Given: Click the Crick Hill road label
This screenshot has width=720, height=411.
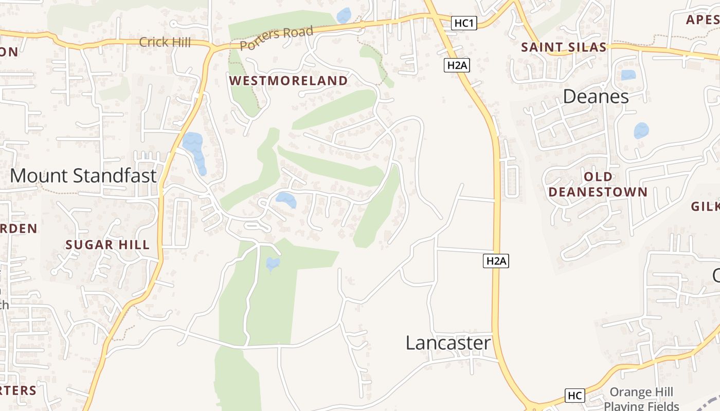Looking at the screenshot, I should coord(165,42).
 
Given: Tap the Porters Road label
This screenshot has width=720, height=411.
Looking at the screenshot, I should coord(276,38).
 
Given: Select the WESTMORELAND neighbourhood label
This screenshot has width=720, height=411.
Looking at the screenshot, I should coord(289,81).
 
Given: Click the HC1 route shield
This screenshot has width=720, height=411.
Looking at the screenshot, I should coord(464,23).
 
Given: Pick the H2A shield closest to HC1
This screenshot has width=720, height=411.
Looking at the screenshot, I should coord(457,65).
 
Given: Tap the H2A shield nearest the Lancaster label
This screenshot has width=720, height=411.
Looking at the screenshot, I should coord(496,261).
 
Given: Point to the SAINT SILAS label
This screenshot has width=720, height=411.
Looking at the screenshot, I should coord(564,47).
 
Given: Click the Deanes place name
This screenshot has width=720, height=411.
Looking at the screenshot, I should coord(596,96).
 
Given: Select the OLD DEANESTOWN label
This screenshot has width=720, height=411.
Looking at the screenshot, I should coord(598,184).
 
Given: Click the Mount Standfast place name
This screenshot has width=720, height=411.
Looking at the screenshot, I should coord(83,176).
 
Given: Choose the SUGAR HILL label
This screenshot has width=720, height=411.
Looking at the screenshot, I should coord(107,245).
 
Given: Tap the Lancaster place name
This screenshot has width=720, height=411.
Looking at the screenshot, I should coord(448,343).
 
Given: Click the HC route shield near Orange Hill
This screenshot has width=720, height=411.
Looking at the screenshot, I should coord(574,396).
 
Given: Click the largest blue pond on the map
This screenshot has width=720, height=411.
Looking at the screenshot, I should coord(195,149).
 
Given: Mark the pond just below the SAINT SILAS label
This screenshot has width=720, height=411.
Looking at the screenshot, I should coord(628,75).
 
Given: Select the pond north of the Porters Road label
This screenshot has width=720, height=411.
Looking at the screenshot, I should coord(344,15).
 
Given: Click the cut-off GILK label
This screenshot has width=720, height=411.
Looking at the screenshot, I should coord(705,206).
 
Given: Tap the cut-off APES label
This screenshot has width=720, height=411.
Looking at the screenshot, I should coord(703,20).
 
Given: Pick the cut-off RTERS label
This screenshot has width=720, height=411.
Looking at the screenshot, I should coord(19,390).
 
